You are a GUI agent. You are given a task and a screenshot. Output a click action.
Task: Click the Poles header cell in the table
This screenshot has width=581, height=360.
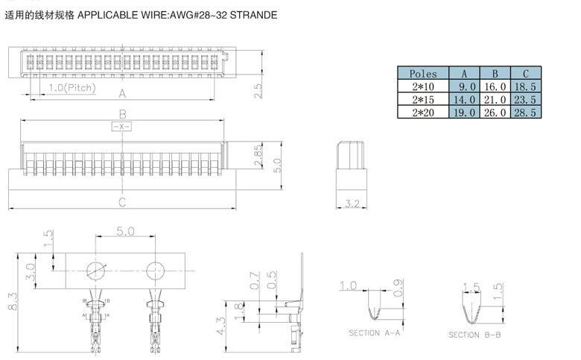[423, 74]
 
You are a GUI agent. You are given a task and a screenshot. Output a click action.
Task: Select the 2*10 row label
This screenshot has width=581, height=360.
[423, 86]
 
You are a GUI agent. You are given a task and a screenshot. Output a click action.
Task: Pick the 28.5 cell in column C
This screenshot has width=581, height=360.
[526, 112]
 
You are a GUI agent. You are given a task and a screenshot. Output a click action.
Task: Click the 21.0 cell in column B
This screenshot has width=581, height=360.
[495, 99]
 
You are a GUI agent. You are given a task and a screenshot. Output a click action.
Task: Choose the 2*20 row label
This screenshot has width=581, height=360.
[423, 112]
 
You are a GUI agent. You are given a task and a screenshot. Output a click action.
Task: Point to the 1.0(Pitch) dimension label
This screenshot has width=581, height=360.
[72, 88]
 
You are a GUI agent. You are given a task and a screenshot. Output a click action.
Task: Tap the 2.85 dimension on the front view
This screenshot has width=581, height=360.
[258, 155]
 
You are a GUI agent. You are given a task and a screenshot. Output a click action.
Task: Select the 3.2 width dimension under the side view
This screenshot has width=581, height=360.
[352, 202]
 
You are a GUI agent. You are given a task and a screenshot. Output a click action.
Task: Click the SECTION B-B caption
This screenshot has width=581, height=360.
[474, 335]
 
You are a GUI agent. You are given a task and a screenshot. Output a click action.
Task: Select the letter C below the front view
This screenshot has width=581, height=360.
[122, 202]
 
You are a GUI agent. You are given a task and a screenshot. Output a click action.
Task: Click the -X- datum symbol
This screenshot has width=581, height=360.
[121, 127]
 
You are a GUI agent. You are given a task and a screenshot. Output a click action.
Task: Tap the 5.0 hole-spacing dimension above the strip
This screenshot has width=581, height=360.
[124, 232]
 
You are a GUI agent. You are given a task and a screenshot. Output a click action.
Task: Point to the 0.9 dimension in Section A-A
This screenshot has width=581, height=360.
[398, 286]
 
